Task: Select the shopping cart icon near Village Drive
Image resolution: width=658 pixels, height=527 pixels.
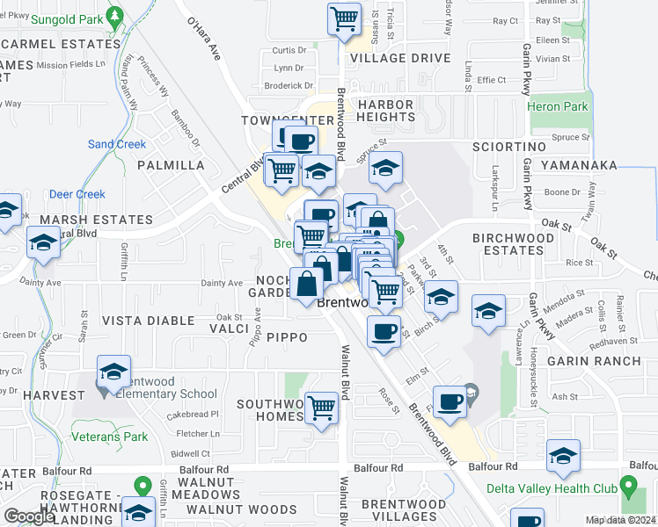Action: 345,18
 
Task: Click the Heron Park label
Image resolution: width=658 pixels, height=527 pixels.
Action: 558,106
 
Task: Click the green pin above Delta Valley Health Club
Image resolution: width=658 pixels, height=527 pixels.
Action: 627,485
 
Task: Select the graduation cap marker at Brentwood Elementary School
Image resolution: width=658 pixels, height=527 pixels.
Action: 113,372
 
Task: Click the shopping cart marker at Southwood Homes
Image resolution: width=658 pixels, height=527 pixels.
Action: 323,407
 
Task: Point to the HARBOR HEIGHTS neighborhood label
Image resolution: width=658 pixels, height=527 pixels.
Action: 385,111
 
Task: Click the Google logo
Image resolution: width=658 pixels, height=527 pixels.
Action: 29,516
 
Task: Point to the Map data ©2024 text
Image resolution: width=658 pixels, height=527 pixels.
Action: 619,520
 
